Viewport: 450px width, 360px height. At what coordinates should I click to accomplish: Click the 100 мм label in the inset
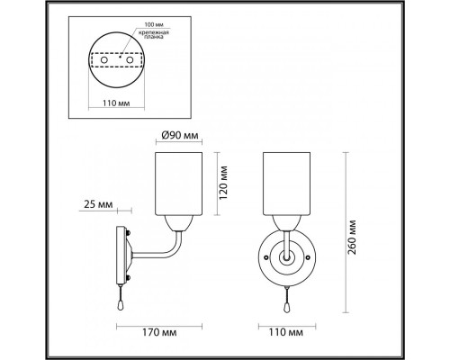tap(154, 24)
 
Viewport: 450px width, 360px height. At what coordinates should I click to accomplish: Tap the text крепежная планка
tap(154, 35)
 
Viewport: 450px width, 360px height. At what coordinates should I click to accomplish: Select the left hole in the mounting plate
tap(103, 60)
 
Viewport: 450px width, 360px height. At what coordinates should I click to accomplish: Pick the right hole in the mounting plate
tap(130, 60)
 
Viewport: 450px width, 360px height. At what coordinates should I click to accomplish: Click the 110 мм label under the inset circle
tap(116, 103)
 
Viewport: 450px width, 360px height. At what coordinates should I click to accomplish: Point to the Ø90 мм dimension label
tap(180, 136)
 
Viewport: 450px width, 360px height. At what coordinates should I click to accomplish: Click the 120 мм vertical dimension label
tap(223, 183)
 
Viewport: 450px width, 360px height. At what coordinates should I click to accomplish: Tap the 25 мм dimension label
tap(98, 204)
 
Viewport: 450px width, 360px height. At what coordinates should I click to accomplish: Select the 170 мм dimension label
tap(159, 332)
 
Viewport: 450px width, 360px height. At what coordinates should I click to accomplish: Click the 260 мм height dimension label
tap(352, 238)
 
